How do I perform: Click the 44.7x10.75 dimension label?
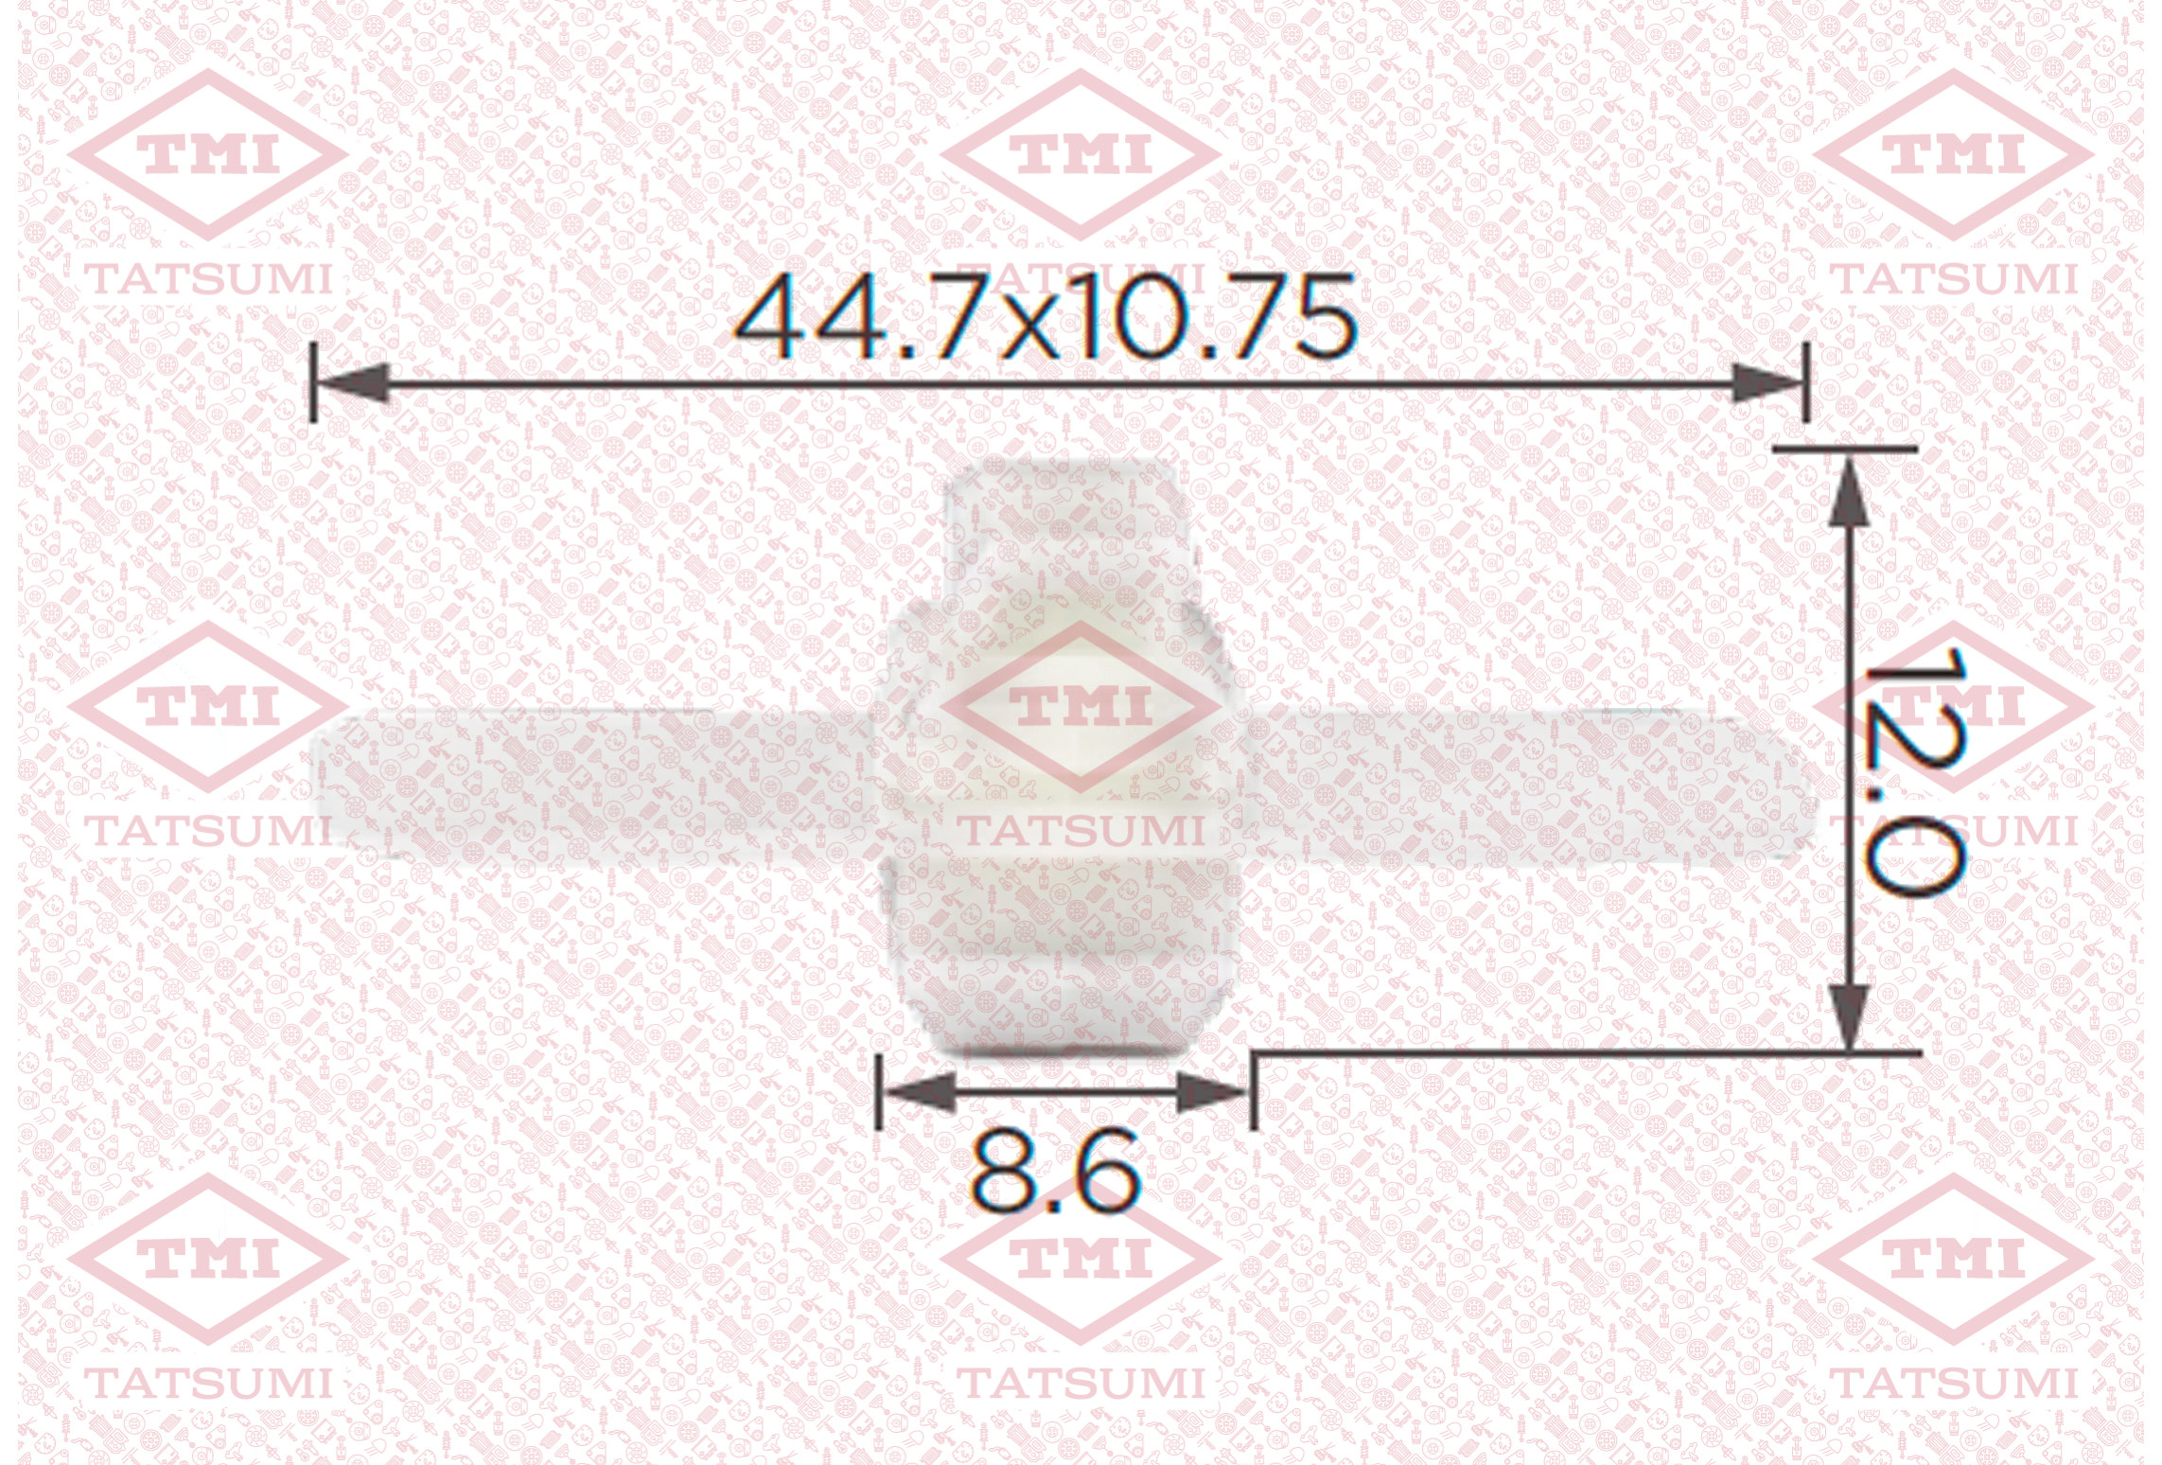click(1046, 316)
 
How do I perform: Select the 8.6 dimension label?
click(1055, 1174)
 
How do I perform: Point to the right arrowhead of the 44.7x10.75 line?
click(1767, 383)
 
